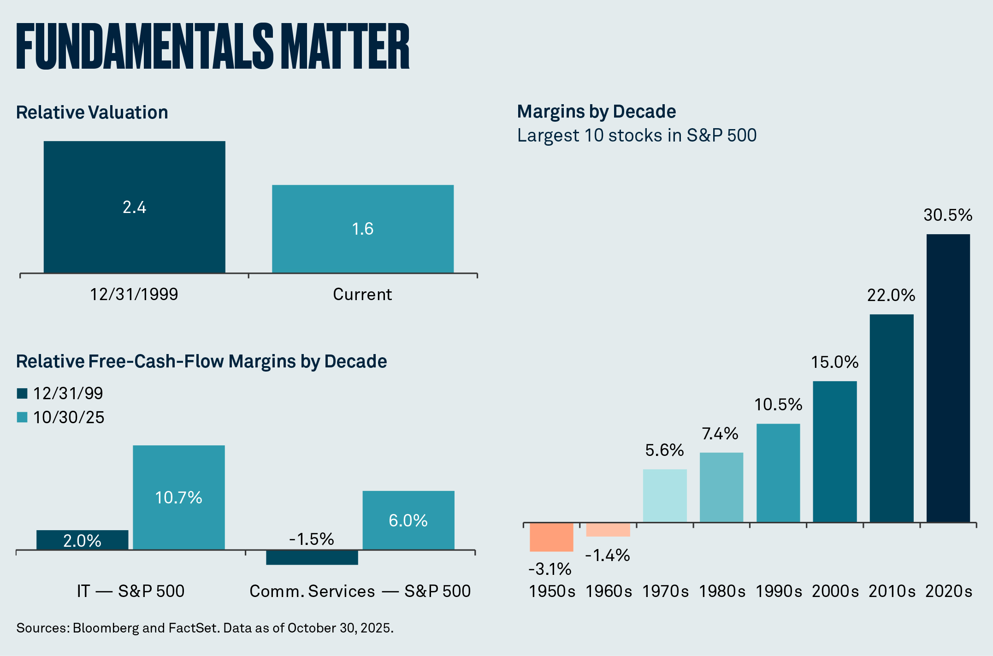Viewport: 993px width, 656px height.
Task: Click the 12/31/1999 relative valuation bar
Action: click(x=134, y=207)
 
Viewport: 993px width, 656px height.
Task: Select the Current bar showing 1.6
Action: click(x=362, y=229)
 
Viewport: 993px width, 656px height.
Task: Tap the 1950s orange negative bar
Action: click(x=551, y=537)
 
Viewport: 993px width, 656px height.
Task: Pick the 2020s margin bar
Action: click(x=948, y=378)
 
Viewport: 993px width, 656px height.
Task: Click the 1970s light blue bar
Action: click(x=665, y=496)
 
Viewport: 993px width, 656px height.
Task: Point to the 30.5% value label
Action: click(x=948, y=215)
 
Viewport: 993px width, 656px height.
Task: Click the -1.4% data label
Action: click(x=608, y=556)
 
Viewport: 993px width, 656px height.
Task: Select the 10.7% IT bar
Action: click(x=178, y=497)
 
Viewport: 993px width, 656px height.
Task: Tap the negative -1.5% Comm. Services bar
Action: click(x=312, y=557)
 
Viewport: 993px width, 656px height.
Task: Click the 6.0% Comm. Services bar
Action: click(x=408, y=520)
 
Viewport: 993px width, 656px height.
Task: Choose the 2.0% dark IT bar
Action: click(x=82, y=540)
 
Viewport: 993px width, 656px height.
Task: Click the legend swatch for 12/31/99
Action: click(x=22, y=393)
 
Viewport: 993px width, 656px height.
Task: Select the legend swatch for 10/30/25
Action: click(x=22, y=417)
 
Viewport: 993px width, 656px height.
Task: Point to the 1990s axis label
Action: click(x=779, y=591)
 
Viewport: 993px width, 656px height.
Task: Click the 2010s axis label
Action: click(x=892, y=591)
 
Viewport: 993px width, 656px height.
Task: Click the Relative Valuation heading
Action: click(x=92, y=112)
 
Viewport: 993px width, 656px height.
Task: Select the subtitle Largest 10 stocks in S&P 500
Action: click(x=637, y=136)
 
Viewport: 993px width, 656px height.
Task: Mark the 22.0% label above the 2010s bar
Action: click(x=891, y=295)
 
